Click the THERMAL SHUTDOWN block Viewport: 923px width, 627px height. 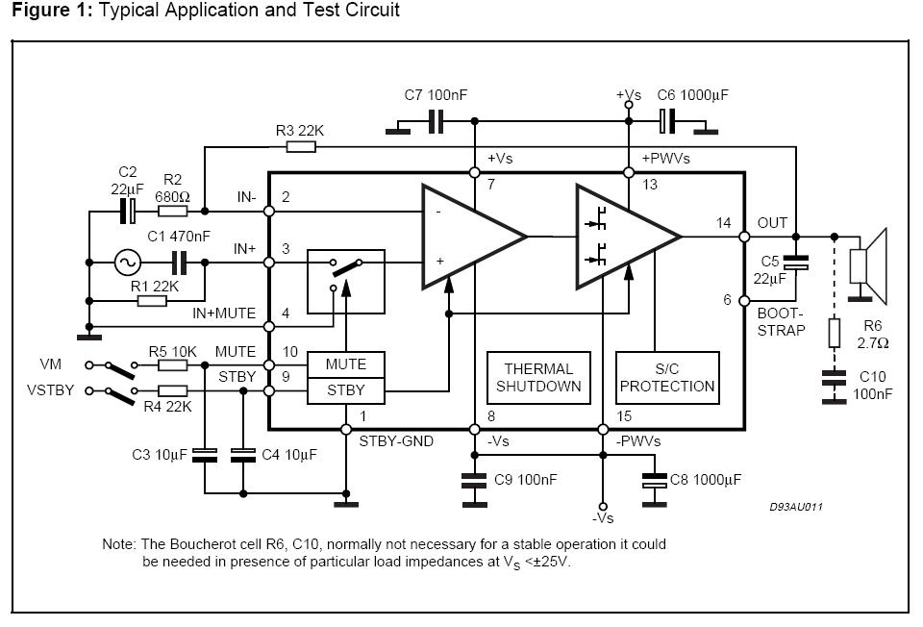pyautogui.click(x=538, y=378)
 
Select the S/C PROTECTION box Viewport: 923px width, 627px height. pyautogui.click(x=667, y=378)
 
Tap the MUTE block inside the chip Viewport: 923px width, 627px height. pyautogui.click(x=346, y=365)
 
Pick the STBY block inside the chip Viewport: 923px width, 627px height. pyautogui.click(x=346, y=391)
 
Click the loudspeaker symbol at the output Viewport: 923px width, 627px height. pyautogui.click(x=868, y=265)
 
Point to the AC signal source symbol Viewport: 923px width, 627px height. pyautogui.click(x=127, y=263)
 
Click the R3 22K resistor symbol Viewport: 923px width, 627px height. pyautogui.click(x=301, y=146)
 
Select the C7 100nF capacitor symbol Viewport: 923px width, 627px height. pyautogui.click(x=436, y=121)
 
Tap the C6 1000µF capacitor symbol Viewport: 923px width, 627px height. pyautogui.click(x=666, y=121)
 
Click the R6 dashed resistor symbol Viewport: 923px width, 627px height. pyautogui.click(x=835, y=333)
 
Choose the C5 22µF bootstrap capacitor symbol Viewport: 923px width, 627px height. pyautogui.click(x=796, y=263)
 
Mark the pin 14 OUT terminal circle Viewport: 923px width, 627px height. pyautogui.click(x=744, y=237)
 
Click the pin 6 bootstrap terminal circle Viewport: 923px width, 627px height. pyautogui.click(x=744, y=300)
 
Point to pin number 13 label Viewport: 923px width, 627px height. pyautogui.click(x=649, y=185)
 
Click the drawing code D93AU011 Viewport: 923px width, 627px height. pyautogui.click(x=796, y=507)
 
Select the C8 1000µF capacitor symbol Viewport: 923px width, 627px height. pyautogui.click(x=654, y=480)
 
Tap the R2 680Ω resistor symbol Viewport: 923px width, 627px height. pyautogui.click(x=173, y=211)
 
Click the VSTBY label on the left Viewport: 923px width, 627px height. pyautogui.click(x=51, y=390)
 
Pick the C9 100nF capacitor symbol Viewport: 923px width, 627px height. pyautogui.click(x=474, y=480)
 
